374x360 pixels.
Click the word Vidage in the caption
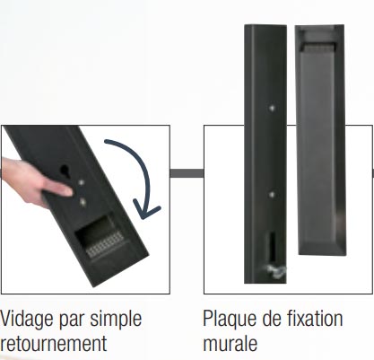click(x=28, y=320)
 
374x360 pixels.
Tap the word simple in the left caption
click(x=116, y=320)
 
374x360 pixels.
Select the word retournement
click(x=53, y=344)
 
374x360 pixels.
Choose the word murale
click(x=230, y=343)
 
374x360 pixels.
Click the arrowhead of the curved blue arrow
click(x=146, y=209)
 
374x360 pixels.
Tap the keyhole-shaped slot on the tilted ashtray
click(x=65, y=171)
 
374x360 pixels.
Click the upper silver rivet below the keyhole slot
click(x=81, y=182)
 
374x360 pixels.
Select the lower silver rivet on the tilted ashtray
click(x=83, y=202)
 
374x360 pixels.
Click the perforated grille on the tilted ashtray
click(x=105, y=244)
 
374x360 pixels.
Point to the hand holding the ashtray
click(x=33, y=182)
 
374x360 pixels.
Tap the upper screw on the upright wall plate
click(x=272, y=108)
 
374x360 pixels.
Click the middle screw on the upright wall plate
click(x=272, y=195)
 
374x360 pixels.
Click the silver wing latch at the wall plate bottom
click(x=276, y=271)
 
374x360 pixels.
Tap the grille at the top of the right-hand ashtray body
click(x=318, y=47)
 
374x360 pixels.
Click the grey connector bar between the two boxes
click(x=187, y=173)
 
